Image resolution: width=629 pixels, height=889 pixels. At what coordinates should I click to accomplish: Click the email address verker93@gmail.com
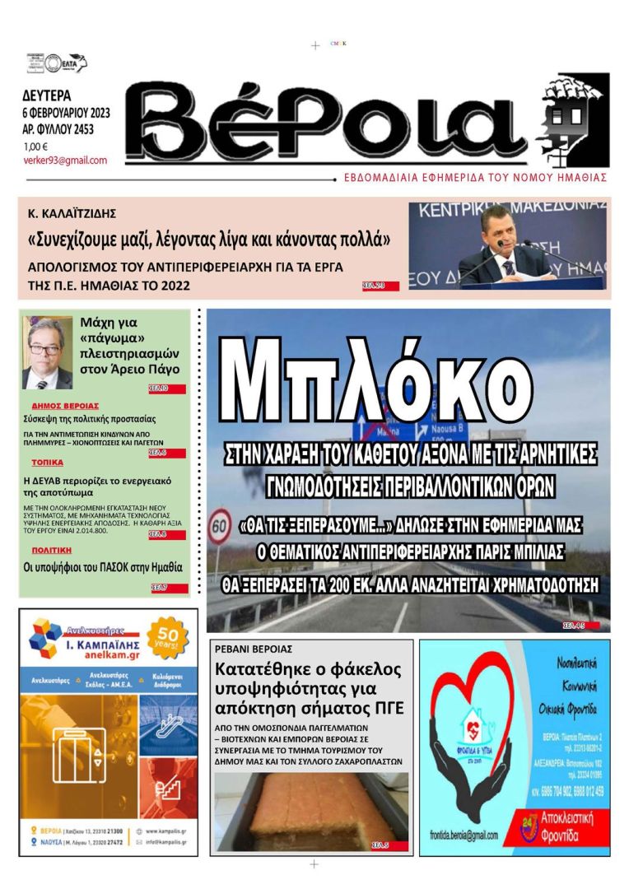pyautogui.click(x=65, y=161)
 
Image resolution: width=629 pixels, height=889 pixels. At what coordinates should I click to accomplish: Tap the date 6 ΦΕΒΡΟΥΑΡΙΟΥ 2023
pyautogui.click(x=67, y=113)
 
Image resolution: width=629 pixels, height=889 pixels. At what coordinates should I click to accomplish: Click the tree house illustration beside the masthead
pyautogui.click(x=574, y=119)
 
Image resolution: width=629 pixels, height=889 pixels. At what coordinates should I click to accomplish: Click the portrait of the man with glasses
pyautogui.click(x=48, y=352)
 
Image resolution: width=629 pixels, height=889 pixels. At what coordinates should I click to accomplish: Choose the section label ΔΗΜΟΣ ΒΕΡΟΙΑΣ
pyautogui.click(x=65, y=406)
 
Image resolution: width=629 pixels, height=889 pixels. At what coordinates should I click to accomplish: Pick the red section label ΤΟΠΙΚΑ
pyautogui.click(x=47, y=463)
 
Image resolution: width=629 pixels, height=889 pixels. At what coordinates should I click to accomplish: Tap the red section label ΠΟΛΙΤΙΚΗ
pyautogui.click(x=52, y=549)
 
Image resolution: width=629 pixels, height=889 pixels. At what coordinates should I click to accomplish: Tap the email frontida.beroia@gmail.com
pyautogui.click(x=464, y=835)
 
